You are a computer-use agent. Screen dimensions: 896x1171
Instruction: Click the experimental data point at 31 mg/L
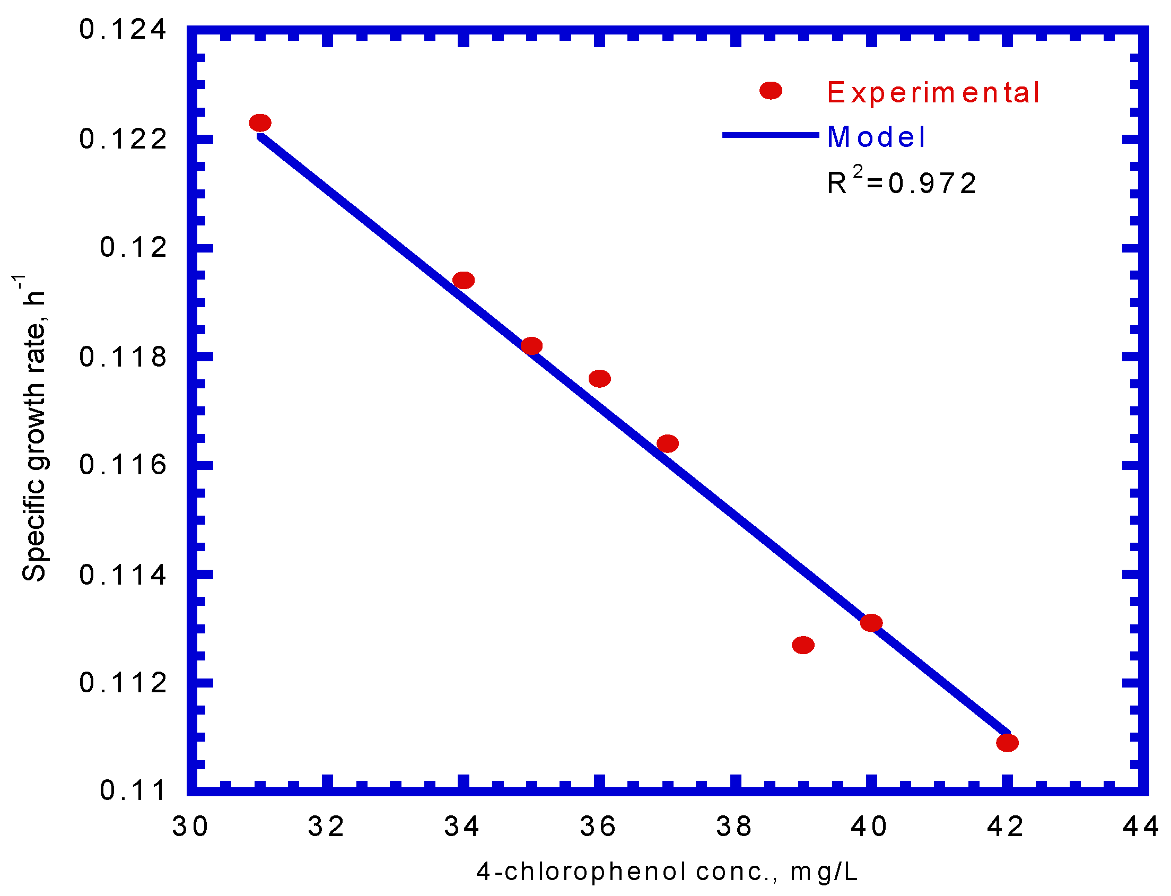(x=260, y=123)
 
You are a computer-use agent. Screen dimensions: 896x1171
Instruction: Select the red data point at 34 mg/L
(x=463, y=280)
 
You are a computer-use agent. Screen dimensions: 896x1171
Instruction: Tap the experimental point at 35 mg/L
(x=531, y=345)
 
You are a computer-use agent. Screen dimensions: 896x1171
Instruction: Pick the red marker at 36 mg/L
(x=599, y=379)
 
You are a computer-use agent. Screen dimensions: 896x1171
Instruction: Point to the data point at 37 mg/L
(x=667, y=443)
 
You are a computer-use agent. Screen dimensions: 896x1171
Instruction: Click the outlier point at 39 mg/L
(x=803, y=645)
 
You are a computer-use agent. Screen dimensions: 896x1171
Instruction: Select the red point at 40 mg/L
(x=871, y=622)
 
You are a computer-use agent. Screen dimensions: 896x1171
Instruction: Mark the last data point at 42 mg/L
(x=1007, y=742)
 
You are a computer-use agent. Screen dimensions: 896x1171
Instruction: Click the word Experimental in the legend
(x=933, y=93)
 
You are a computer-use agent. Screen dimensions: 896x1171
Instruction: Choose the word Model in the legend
(x=876, y=137)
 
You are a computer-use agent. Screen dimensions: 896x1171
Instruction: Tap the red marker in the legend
(x=771, y=91)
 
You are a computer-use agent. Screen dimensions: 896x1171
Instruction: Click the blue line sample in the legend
(x=770, y=135)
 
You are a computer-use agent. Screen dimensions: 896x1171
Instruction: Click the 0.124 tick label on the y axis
(x=123, y=29)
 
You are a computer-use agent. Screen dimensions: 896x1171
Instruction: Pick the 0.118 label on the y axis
(x=123, y=357)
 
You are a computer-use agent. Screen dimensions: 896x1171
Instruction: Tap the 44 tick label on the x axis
(x=1141, y=827)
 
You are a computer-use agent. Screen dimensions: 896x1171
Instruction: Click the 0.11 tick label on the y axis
(x=133, y=790)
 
